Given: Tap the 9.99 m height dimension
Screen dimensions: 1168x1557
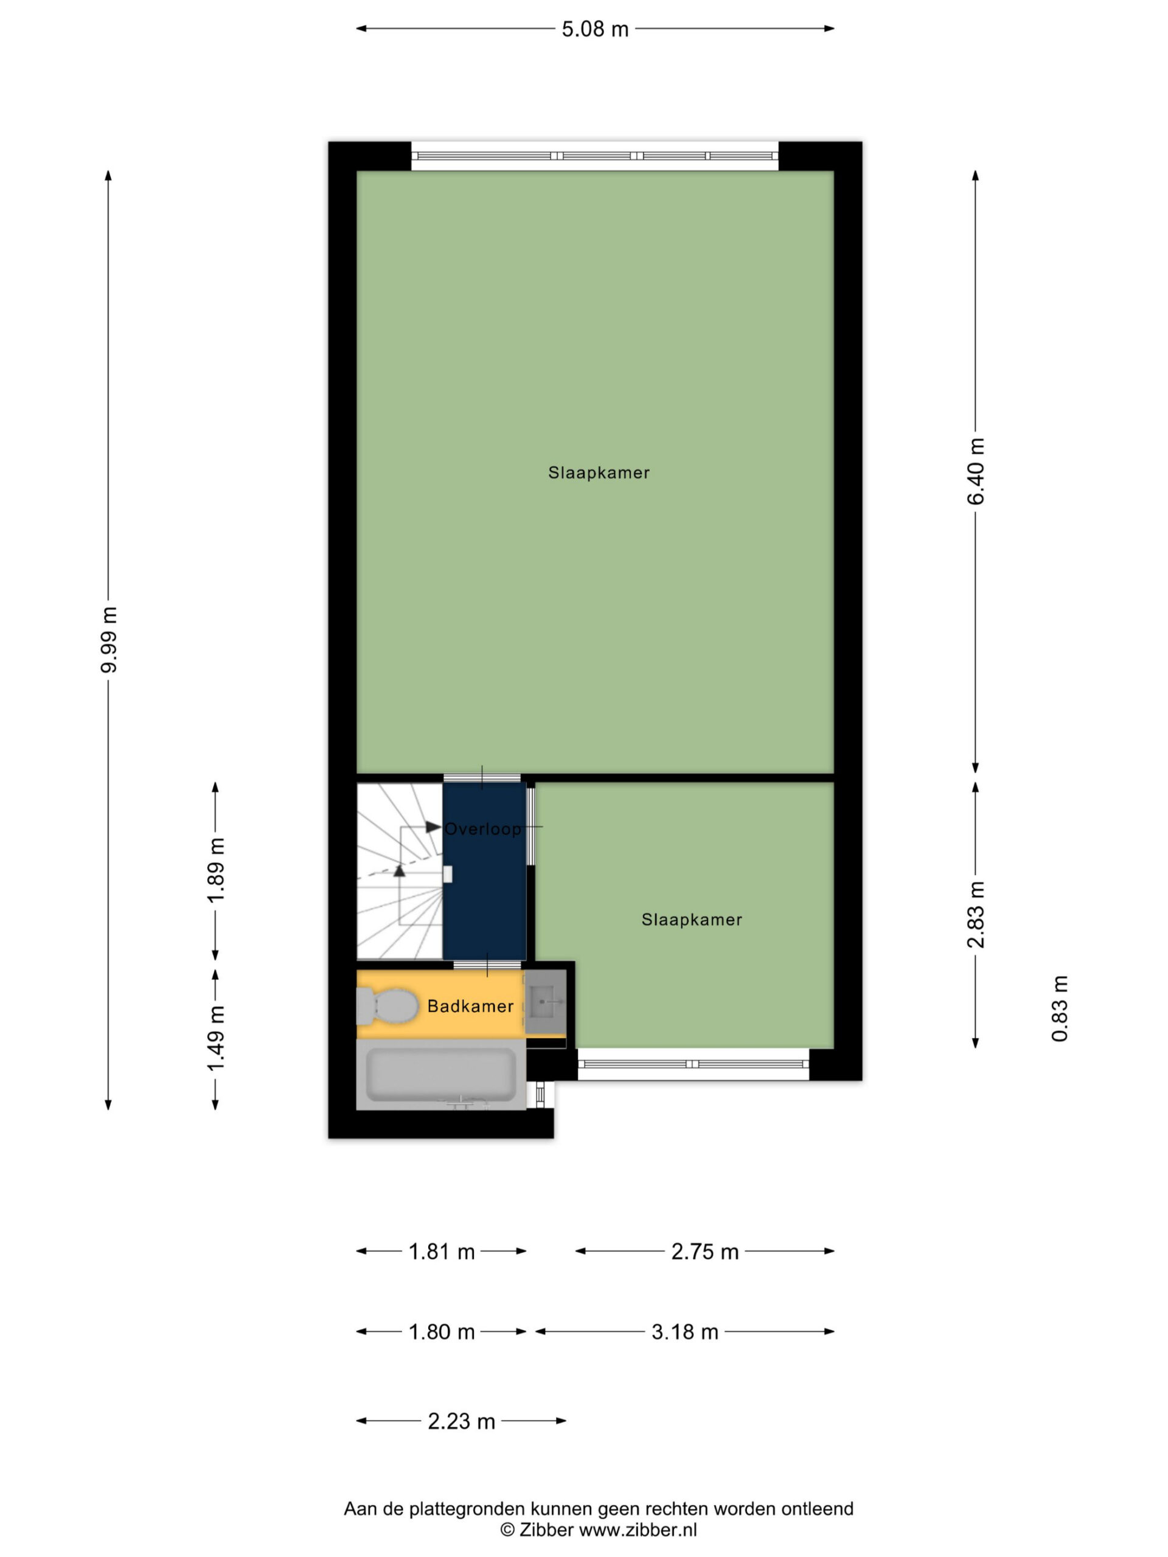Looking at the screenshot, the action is [109, 639].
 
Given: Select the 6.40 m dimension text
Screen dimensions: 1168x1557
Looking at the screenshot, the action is [976, 471].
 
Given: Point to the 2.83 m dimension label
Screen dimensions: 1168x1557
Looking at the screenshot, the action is [976, 914].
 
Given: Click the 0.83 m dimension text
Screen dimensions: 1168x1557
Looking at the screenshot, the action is [1060, 1008].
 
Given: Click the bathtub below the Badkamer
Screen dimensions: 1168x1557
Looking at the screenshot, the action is [442, 1075].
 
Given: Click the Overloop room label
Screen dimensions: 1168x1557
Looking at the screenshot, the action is [483, 829].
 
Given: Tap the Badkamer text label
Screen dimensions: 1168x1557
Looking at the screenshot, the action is [470, 1007].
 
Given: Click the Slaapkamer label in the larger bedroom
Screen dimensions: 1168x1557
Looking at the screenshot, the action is [599, 473].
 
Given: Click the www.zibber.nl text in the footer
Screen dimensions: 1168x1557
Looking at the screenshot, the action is [638, 1530].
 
